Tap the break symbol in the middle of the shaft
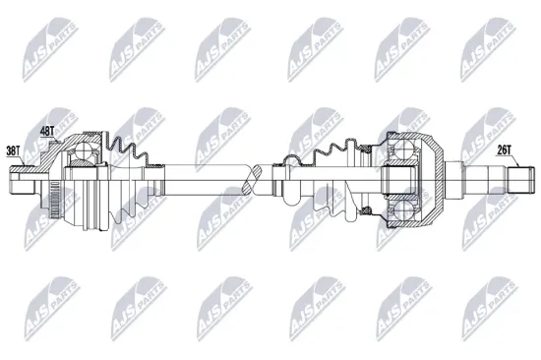(x=257, y=179)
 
